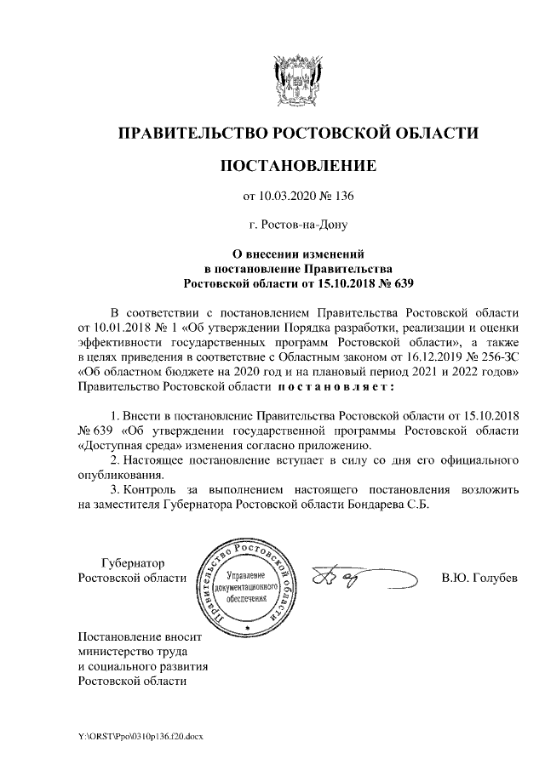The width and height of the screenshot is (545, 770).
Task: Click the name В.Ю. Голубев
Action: [480, 579]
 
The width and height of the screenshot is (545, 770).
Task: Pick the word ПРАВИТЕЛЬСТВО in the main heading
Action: [188, 134]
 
